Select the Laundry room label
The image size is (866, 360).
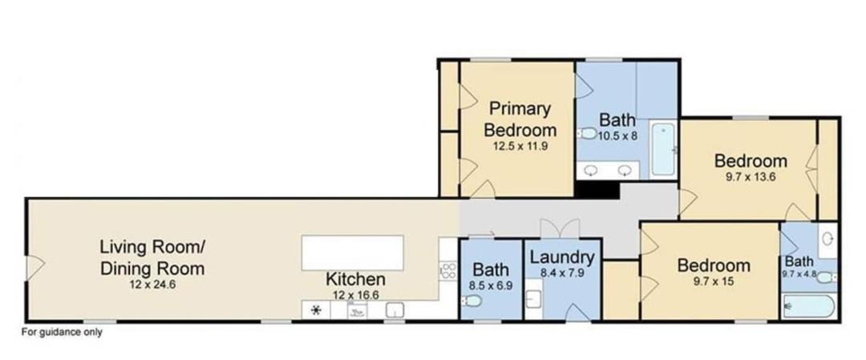click(562, 257)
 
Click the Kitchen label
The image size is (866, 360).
click(355, 279)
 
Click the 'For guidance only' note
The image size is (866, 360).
click(62, 333)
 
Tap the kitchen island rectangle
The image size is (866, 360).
click(352, 253)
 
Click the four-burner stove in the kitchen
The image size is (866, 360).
click(448, 270)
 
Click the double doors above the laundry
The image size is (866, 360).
click(560, 228)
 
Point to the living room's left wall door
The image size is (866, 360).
click(35, 268)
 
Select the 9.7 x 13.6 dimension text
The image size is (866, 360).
click(751, 178)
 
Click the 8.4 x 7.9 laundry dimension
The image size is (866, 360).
click(562, 273)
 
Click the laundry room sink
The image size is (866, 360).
click(533, 299)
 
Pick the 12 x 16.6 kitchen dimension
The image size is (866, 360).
click(355, 295)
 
